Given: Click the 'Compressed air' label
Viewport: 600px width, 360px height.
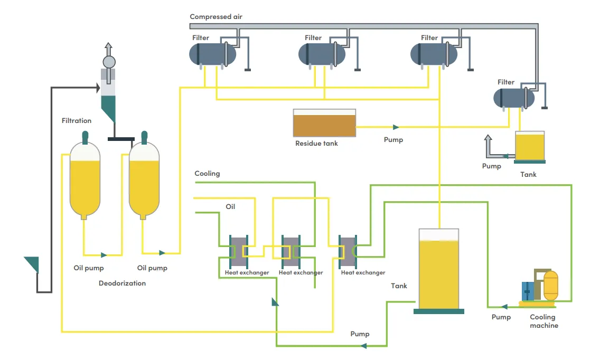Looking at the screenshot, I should coord(216,17).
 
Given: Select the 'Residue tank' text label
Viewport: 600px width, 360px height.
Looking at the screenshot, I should coord(316,143).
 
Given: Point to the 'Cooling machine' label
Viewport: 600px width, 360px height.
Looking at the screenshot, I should coord(543,321).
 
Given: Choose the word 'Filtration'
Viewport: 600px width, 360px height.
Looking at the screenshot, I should coord(77,121).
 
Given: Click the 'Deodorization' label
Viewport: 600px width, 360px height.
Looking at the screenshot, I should coord(122,283).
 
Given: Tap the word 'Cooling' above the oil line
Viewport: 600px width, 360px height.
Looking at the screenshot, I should coord(207,174).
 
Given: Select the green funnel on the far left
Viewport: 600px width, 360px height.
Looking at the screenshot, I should coord(32,263).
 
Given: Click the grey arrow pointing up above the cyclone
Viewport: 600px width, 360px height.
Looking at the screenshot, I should coord(109,48).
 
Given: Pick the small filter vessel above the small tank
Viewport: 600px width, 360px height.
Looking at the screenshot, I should coord(513,98).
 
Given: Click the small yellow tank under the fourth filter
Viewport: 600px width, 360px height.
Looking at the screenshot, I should coord(529,146).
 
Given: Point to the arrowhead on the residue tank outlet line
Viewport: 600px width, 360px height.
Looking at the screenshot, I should coord(396,127).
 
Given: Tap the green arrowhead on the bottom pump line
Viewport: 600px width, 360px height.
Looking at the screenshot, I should coord(363,346).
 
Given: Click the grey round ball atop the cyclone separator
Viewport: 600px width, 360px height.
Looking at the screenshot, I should coord(109,62).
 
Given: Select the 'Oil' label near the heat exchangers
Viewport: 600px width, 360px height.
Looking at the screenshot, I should coord(230,207).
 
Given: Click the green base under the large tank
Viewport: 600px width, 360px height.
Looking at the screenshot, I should coord(438,311).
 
